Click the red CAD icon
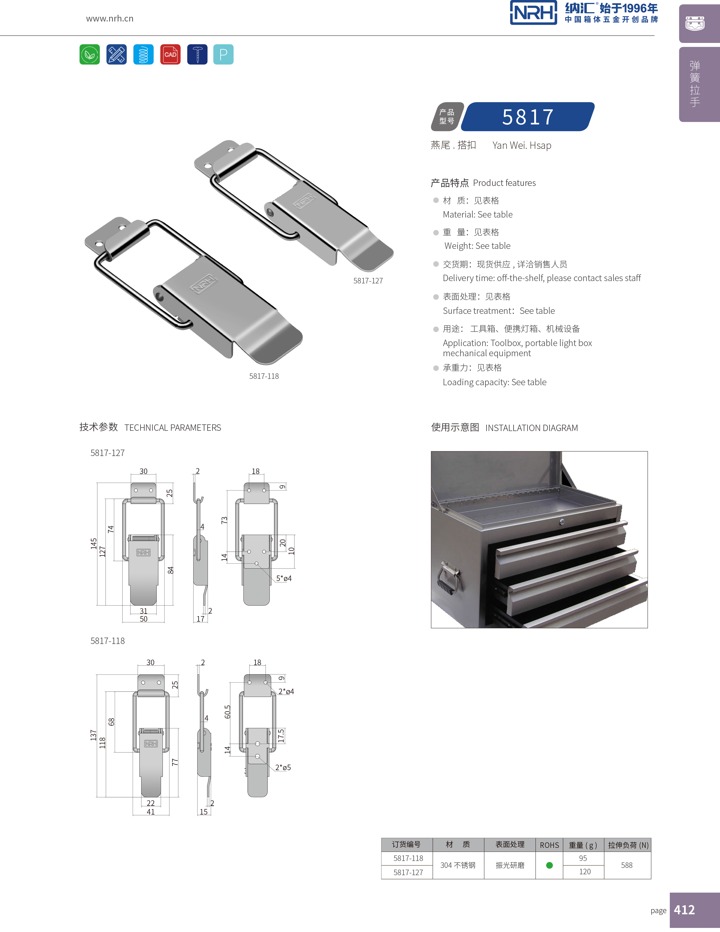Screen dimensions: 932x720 point(170,54)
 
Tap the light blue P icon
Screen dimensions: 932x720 point(223,54)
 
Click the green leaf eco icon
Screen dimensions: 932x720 point(90,54)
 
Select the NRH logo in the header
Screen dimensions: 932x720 point(533,13)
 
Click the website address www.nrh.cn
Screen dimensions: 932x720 point(110,18)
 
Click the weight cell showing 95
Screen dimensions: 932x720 point(583,858)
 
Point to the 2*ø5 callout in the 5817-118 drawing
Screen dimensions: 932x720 point(283,767)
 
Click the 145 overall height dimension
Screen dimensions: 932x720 point(93,543)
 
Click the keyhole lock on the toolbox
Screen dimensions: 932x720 point(562,522)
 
